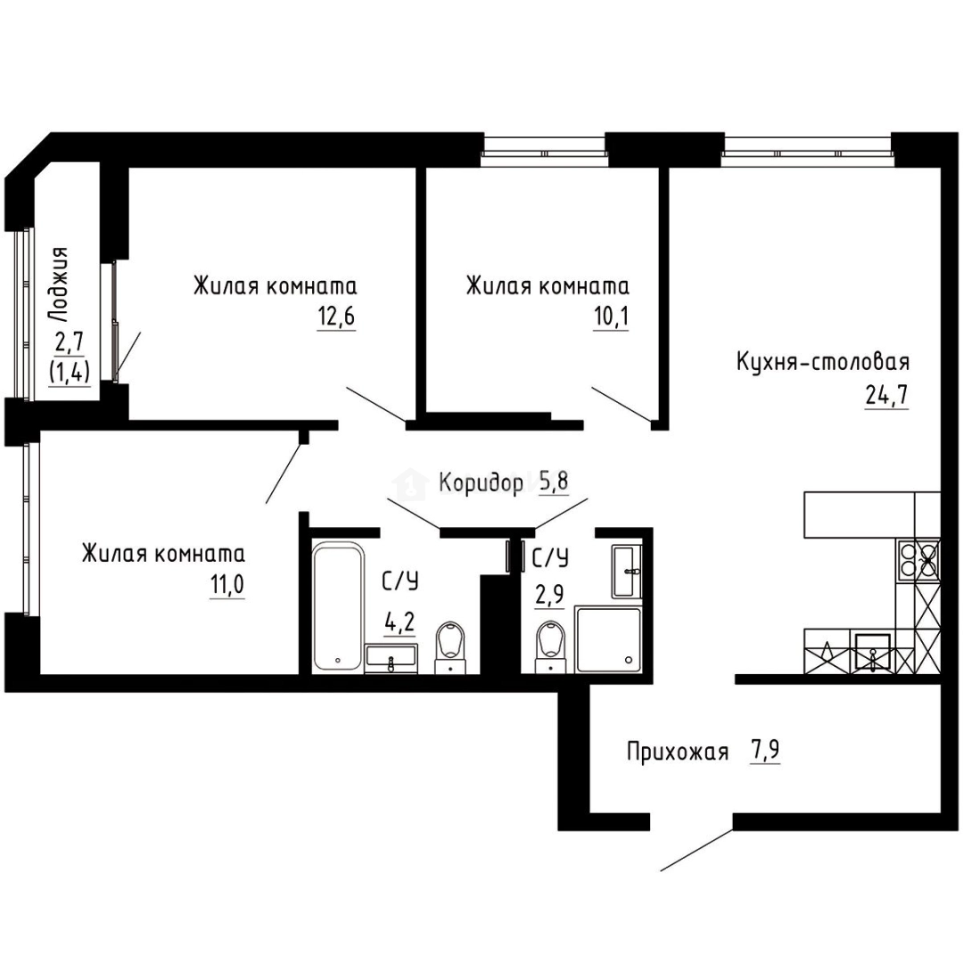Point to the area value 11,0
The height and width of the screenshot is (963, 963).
[227, 585]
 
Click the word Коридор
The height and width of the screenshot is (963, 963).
[481, 483]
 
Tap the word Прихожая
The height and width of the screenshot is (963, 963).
[678, 752]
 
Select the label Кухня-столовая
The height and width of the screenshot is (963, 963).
[823, 362]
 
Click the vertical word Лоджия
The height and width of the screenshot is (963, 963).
[59, 285]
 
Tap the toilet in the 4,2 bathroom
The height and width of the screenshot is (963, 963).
[451, 647]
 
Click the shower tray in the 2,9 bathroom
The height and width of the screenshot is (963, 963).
[607, 639]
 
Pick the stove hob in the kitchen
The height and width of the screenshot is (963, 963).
[918, 559]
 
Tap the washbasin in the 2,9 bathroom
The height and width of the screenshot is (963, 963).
[627, 571]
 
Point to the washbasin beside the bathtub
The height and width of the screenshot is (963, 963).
[391, 658]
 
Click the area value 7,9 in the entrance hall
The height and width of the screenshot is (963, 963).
[765, 751]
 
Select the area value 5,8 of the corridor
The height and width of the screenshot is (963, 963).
[554, 482]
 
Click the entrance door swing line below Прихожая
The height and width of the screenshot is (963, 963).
[696, 850]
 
